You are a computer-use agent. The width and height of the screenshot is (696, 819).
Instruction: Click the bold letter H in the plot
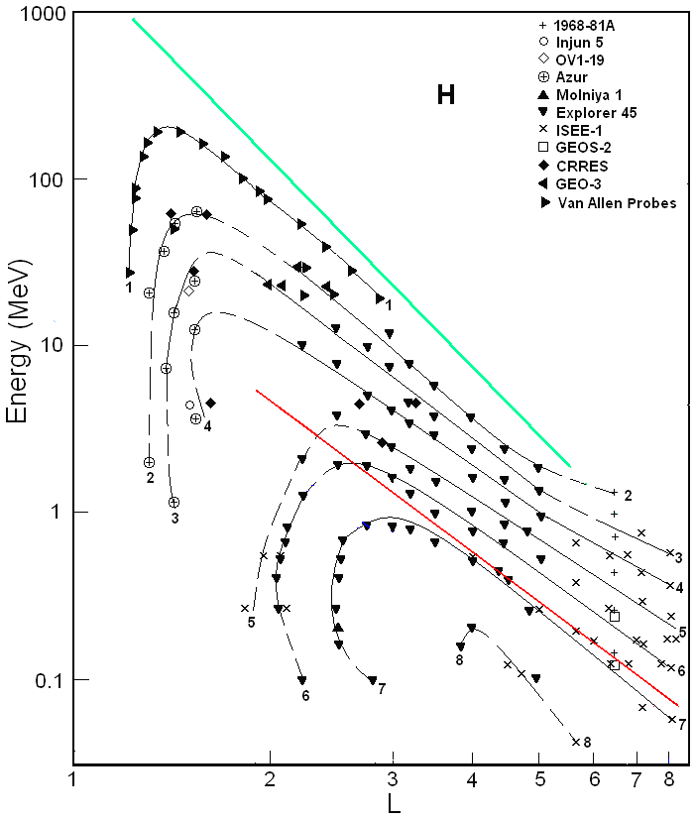point(446,95)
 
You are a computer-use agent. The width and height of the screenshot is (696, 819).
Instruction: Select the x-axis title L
point(394,804)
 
